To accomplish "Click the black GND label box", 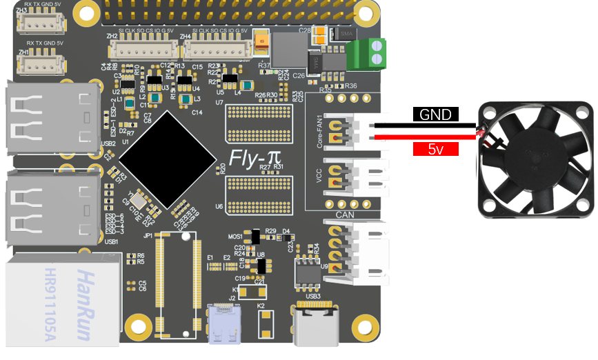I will pos(436,114).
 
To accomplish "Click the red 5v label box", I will pos(436,148).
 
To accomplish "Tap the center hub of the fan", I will pos(537,157).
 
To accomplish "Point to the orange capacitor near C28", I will pos(262,42).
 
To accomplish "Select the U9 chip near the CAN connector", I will pos(306,272).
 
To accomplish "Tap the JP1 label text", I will pos(148,235).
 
